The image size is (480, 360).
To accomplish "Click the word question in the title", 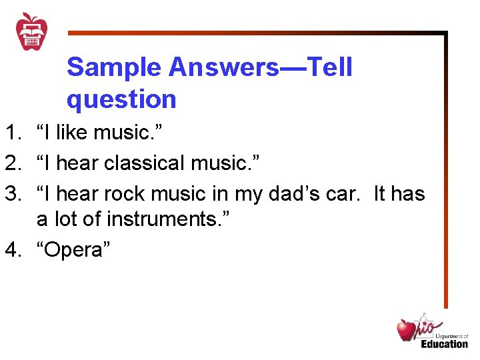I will coord(121,99).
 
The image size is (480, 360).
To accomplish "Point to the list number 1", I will coord(11,133).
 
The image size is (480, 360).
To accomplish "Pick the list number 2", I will coord(11,163).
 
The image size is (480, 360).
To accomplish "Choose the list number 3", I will coord(11,194).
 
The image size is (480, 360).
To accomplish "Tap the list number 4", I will coord(11,250).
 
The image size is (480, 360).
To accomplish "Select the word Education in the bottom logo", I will coord(444,343).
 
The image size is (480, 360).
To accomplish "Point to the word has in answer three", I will coord(409,194).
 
